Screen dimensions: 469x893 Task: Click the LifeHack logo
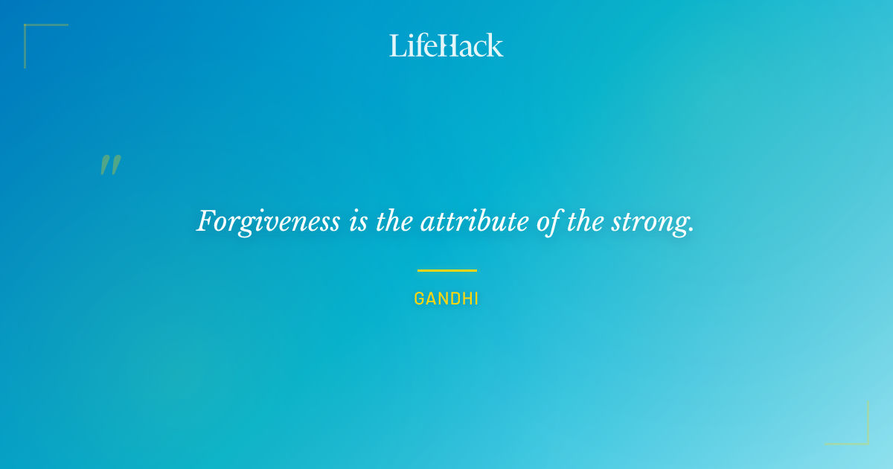click(x=446, y=45)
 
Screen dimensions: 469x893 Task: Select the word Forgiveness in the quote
click(x=268, y=222)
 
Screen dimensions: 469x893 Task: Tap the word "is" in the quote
click(x=356, y=222)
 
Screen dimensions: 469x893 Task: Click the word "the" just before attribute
click(x=392, y=222)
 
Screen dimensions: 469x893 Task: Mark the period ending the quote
click(x=691, y=231)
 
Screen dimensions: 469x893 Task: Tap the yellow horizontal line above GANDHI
click(x=446, y=270)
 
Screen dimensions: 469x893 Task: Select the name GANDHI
click(x=446, y=299)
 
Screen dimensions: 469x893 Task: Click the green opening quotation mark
click(x=110, y=165)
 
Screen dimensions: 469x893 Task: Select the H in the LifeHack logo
click(x=446, y=45)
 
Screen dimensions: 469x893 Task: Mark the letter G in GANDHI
click(x=419, y=299)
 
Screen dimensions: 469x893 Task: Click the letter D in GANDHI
click(x=452, y=299)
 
